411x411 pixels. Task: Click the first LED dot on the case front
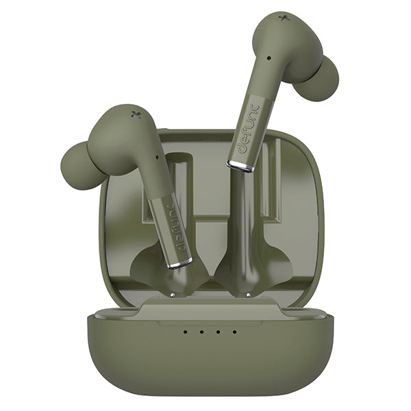(x=186, y=332)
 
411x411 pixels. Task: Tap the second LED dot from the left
(x=201, y=332)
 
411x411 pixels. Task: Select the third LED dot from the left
(x=218, y=332)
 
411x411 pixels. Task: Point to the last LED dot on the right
(x=234, y=332)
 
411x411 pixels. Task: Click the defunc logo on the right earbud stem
(x=248, y=129)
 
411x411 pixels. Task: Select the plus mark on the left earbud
(x=136, y=114)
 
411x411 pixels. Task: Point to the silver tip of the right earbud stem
(x=240, y=166)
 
